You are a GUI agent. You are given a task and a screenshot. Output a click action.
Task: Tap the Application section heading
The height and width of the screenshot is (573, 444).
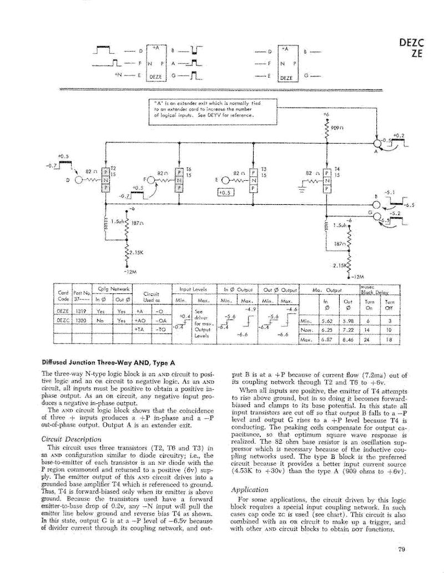pyautogui.click(x=250, y=490)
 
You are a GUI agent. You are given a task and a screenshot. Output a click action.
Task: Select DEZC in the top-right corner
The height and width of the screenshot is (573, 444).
pyautogui.click(x=411, y=43)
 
